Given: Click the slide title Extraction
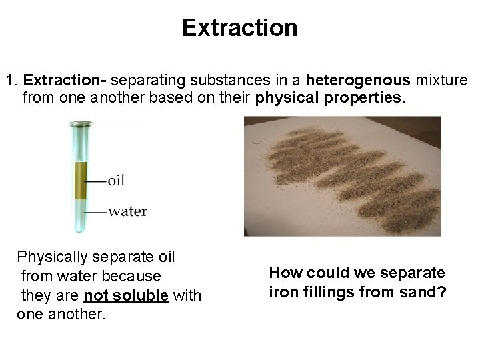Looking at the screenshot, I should (239, 28).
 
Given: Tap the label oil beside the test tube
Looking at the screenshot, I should (115, 180).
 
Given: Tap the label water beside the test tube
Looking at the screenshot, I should (127, 211).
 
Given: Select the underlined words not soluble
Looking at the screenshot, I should (127, 295).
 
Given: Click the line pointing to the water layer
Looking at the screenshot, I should (96, 212).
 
